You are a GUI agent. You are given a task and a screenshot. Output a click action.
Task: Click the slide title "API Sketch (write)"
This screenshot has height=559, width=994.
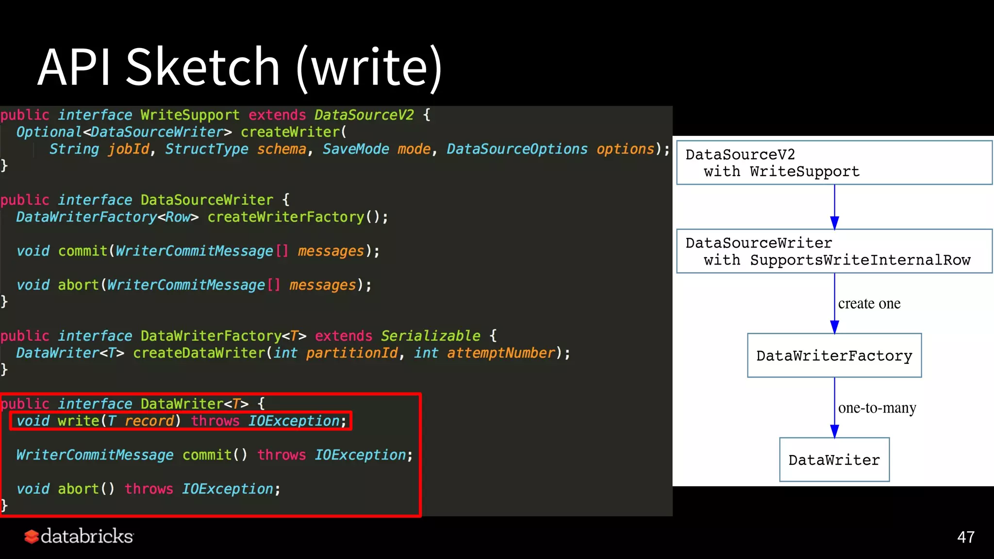coord(240,67)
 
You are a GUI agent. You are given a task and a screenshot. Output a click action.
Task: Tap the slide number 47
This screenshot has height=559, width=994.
coord(965,537)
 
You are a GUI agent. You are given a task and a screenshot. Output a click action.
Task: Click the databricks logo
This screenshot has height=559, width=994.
coord(79,536)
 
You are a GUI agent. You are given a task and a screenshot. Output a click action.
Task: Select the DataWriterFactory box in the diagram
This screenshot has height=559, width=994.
coord(834,356)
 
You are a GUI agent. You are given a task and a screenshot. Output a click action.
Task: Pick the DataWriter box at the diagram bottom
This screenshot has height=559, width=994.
coord(834,460)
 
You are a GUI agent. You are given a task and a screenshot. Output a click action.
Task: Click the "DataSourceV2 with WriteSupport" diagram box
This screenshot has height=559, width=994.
coord(834,163)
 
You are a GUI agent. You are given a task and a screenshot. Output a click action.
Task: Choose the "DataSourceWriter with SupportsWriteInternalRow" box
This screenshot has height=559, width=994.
coord(834,251)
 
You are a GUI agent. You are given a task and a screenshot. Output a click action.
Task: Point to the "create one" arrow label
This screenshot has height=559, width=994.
coord(869,304)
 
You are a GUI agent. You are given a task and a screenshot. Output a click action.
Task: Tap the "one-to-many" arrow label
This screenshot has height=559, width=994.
coord(877,408)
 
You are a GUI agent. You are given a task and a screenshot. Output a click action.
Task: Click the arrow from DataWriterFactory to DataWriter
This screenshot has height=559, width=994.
coord(834,408)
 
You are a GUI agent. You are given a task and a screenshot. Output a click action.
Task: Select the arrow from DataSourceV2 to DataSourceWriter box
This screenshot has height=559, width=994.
coord(834,206)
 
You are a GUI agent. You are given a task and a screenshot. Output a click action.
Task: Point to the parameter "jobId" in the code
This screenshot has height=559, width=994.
coord(129,149)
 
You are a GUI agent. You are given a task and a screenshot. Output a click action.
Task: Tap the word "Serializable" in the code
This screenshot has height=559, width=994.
coord(430,336)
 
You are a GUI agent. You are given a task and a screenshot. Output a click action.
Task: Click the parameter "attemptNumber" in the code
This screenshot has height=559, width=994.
coord(501,353)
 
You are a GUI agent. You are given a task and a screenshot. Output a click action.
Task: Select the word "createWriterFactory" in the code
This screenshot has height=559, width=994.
coord(285,217)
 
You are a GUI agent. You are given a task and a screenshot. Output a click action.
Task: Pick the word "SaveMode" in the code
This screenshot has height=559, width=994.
coord(356,149)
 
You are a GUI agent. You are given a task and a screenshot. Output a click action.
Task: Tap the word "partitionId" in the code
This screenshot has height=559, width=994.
coord(352,353)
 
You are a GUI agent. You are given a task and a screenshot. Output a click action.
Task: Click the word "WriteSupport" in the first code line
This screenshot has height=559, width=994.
coord(190,115)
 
